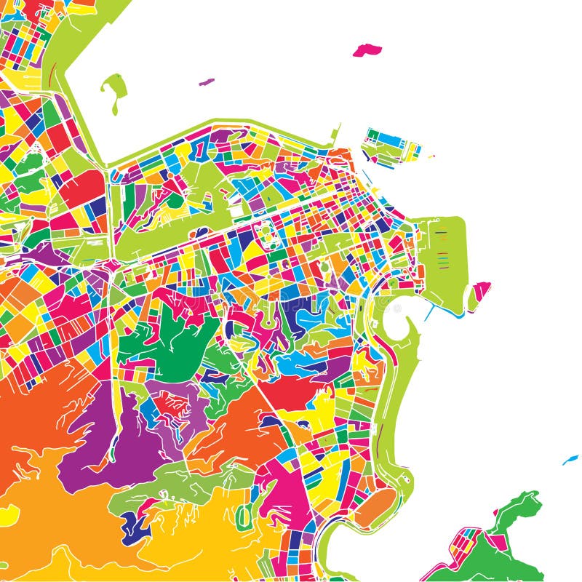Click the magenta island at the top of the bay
click(367, 50)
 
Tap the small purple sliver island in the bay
click(207, 81)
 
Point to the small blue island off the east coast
click(570, 459)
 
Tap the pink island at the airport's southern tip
click(479, 292)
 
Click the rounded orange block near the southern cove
click(375, 506)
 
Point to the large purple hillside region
click(109, 436)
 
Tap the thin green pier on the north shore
click(336, 133)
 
